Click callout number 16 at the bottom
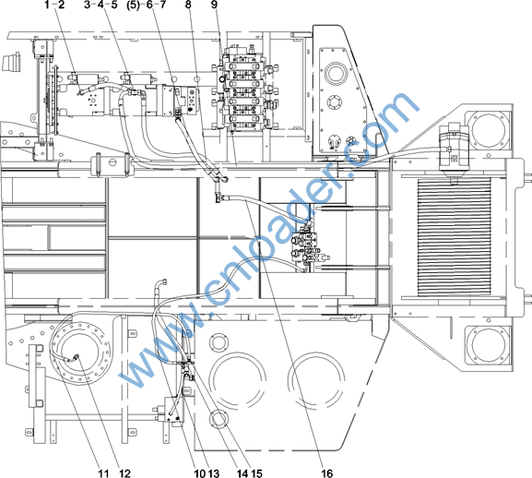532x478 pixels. (327, 472)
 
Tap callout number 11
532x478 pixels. (103, 472)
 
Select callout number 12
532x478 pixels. (124, 472)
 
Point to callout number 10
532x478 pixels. (200, 472)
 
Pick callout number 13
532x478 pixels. (214, 472)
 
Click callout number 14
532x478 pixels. (242, 472)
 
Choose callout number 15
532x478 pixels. (256, 472)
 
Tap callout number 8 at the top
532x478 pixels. (188, 5)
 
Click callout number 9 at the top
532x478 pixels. (214, 5)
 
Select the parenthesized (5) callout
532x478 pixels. (133, 5)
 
